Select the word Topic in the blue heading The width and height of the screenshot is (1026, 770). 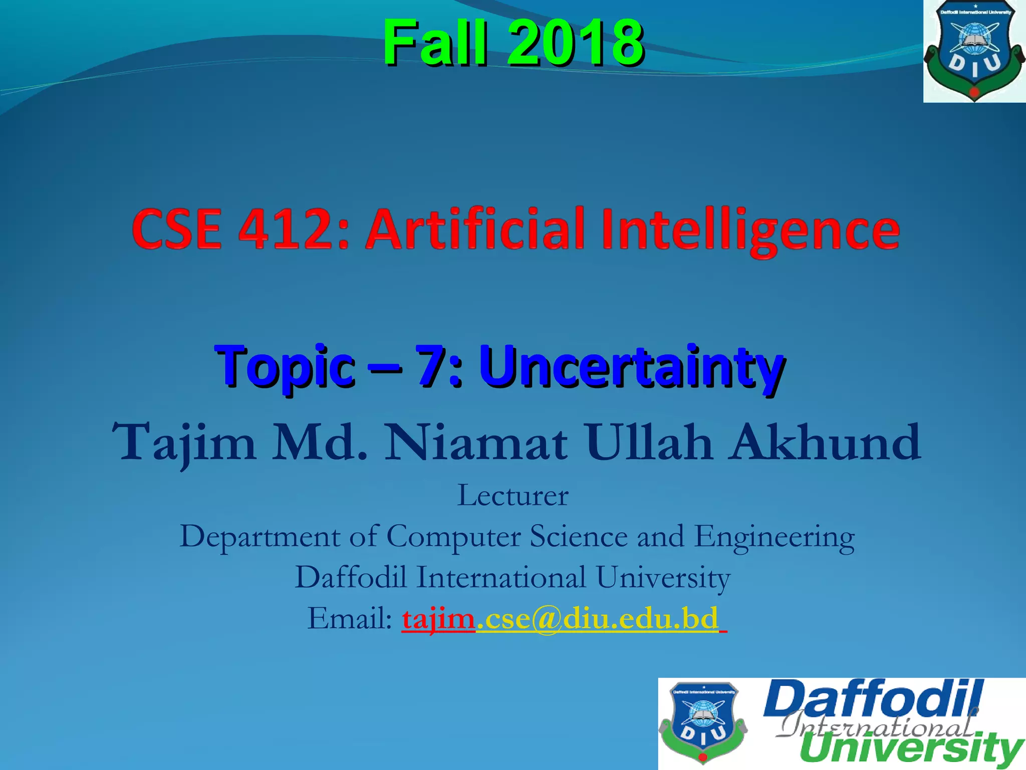pos(285,367)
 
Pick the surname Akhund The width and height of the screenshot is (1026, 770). pos(825,442)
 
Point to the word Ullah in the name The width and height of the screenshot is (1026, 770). pos(649,442)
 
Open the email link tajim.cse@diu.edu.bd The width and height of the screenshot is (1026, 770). pos(561,619)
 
